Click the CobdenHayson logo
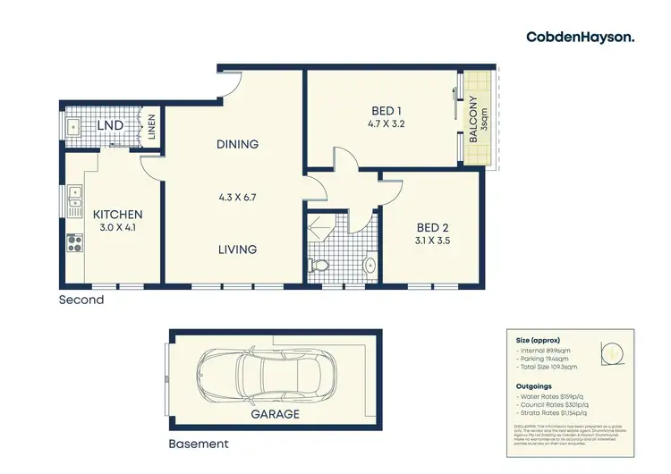coord(580,37)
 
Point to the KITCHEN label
coord(117,215)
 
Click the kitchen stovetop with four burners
coord(72,241)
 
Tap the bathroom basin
coord(369,266)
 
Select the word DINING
coord(237,144)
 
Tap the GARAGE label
coord(275,414)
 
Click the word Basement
coord(199,444)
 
